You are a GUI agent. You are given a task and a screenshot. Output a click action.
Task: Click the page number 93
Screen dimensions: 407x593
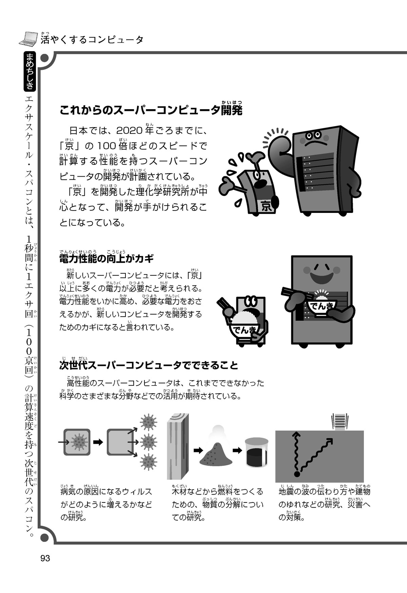pos(45,558)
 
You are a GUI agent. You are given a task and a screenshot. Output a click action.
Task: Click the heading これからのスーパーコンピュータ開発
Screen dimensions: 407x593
pos(151,110)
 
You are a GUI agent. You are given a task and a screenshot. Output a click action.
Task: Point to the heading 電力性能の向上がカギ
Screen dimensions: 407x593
pos(106,259)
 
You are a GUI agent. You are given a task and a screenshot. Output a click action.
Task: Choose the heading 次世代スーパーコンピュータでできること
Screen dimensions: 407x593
pos(149,365)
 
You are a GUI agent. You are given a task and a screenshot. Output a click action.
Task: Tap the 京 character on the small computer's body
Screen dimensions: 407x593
pos(267,206)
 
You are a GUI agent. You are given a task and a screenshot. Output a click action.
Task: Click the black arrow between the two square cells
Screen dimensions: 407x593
pos(98,442)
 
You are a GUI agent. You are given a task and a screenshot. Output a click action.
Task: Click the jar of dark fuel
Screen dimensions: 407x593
pos(257,452)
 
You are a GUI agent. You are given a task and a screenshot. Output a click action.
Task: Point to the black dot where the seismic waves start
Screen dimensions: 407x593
pos(297,474)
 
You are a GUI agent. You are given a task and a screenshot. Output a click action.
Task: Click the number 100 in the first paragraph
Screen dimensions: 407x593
pos(107,146)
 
